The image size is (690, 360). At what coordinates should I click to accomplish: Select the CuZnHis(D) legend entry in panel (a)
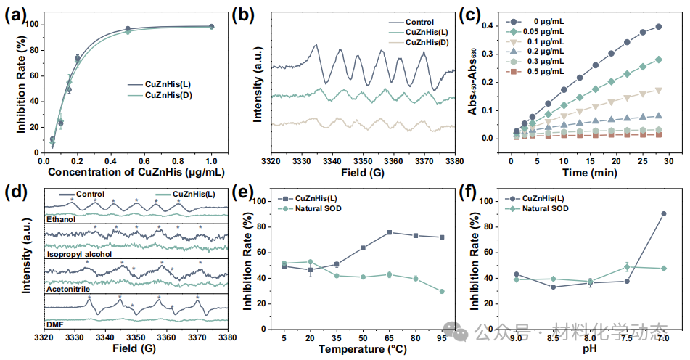click(169, 95)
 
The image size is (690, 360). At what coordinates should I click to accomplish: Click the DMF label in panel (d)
click(55, 322)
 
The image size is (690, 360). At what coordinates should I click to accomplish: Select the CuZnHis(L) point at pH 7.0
click(665, 213)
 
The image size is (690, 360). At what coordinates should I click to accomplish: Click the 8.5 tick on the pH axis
click(553, 337)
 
